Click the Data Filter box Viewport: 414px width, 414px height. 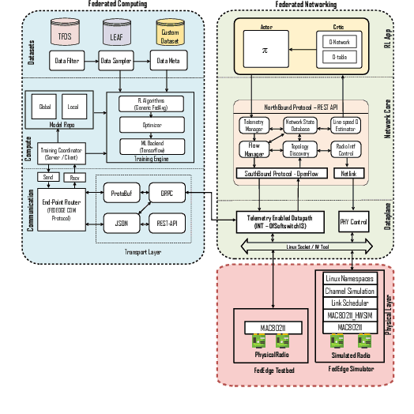(67, 61)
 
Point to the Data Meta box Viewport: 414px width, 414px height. (167, 61)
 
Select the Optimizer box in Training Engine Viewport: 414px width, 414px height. (151, 124)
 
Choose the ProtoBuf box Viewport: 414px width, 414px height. (121, 193)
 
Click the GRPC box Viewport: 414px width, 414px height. (167, 193)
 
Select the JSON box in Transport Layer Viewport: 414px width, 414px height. (121, 224)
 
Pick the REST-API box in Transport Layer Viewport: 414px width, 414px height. (167, 224)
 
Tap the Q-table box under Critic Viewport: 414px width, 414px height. (339, 58)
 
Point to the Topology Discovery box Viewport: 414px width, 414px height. (300, 150)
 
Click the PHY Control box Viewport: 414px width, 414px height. (354, 222)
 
